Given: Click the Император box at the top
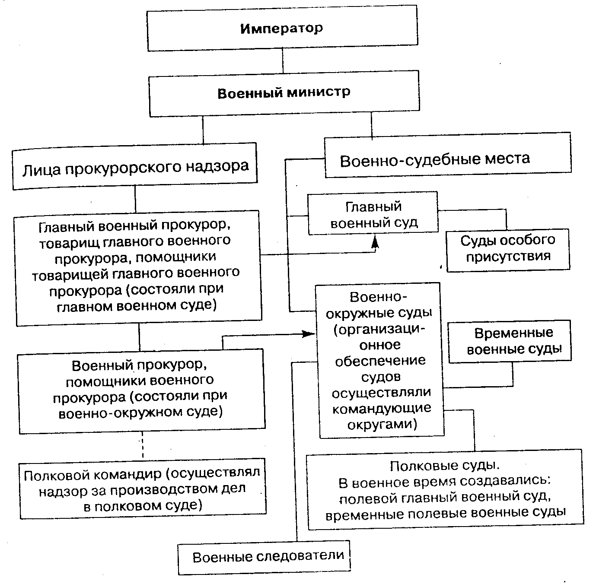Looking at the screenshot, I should point(282,29).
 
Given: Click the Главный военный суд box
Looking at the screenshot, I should point(373,214).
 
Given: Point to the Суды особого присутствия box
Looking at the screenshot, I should point(507,250).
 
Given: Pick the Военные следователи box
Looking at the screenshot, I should point(265,556).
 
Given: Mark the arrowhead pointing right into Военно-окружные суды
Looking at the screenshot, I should point(309,334).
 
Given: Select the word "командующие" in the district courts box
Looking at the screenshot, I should point(382,409).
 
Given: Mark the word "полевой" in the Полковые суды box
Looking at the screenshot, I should point(367,498).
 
